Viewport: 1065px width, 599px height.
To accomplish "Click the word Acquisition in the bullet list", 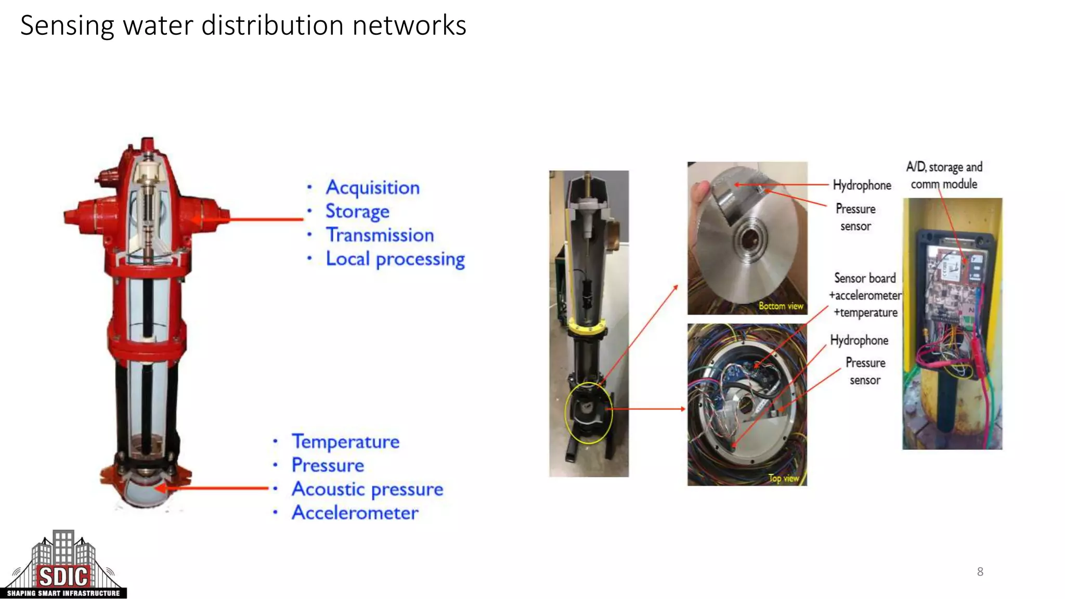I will point(372,188).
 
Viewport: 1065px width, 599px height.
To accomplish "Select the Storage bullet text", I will point(357,212).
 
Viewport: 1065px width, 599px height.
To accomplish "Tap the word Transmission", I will point(380,235).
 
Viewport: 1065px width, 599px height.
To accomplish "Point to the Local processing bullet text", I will point(395,259).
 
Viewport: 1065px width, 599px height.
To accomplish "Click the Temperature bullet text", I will point(345,441).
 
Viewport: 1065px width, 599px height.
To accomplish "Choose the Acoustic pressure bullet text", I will point(367,489).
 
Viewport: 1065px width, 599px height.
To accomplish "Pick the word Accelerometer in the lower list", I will point(355,513).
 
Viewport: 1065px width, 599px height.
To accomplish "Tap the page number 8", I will point(980,572).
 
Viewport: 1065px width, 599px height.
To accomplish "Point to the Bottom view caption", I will point(781,306).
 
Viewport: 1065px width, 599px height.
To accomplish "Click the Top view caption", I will point(783,478).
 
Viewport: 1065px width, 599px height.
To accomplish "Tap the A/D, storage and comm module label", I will point(944,175).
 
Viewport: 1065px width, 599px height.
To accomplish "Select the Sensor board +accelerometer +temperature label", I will point(865,295).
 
